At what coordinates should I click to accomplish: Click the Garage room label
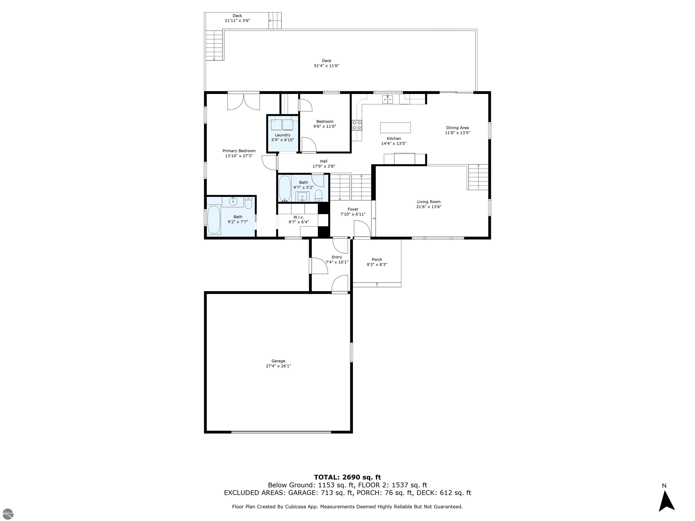pyautogui.click(x=278, y=361)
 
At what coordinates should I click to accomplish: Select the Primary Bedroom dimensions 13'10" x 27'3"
pyautogui.click(x=239, y=156)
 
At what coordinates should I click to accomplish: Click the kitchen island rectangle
pyautogui.click(x=395, y=128)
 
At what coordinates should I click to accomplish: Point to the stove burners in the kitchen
pyautogui.click(x=357, y=125)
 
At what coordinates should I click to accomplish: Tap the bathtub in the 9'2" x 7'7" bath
pyautogui.click(x=214, y=220)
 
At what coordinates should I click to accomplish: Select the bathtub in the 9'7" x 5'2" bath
pyautogui.click(x=285, y=188)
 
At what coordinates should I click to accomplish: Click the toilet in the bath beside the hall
pyautogui.click(x=319, y=195)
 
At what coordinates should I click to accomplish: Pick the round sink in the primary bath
pyautogui.click(x=233, y=202)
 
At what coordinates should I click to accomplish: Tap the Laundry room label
pyautogui.click(x=283, y=135)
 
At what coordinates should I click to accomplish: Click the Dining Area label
pyautogui.click(x=457, y=128)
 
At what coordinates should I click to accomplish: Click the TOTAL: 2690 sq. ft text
pyautogui.click(x=347, y=477)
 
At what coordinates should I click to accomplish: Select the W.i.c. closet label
pyautogui.click(x=298, y=217)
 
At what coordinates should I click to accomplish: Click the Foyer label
pyautogui.click(x=353, y=209)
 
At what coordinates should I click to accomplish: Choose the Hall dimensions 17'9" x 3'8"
pyautogui.click(x=324, y=166)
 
